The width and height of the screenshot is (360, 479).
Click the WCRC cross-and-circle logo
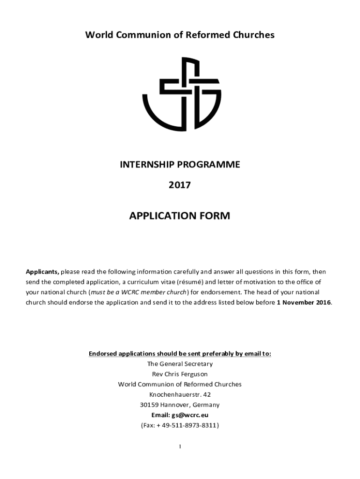[181, 94]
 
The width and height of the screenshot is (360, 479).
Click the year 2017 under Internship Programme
[180, 185]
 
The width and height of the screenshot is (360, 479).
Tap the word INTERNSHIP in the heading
[149, 165]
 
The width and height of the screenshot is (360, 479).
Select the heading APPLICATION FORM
[180, 216]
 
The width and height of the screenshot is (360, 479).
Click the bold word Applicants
[42, 272]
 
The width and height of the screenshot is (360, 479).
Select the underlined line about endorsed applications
[180, 354]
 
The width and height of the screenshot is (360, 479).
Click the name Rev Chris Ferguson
[180, 374]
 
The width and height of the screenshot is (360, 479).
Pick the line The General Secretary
[180, 364]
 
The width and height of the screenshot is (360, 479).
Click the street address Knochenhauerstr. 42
[180, 395]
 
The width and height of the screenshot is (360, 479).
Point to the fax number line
[180, 426]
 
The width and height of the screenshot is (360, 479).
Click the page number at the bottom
[180, 447]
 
